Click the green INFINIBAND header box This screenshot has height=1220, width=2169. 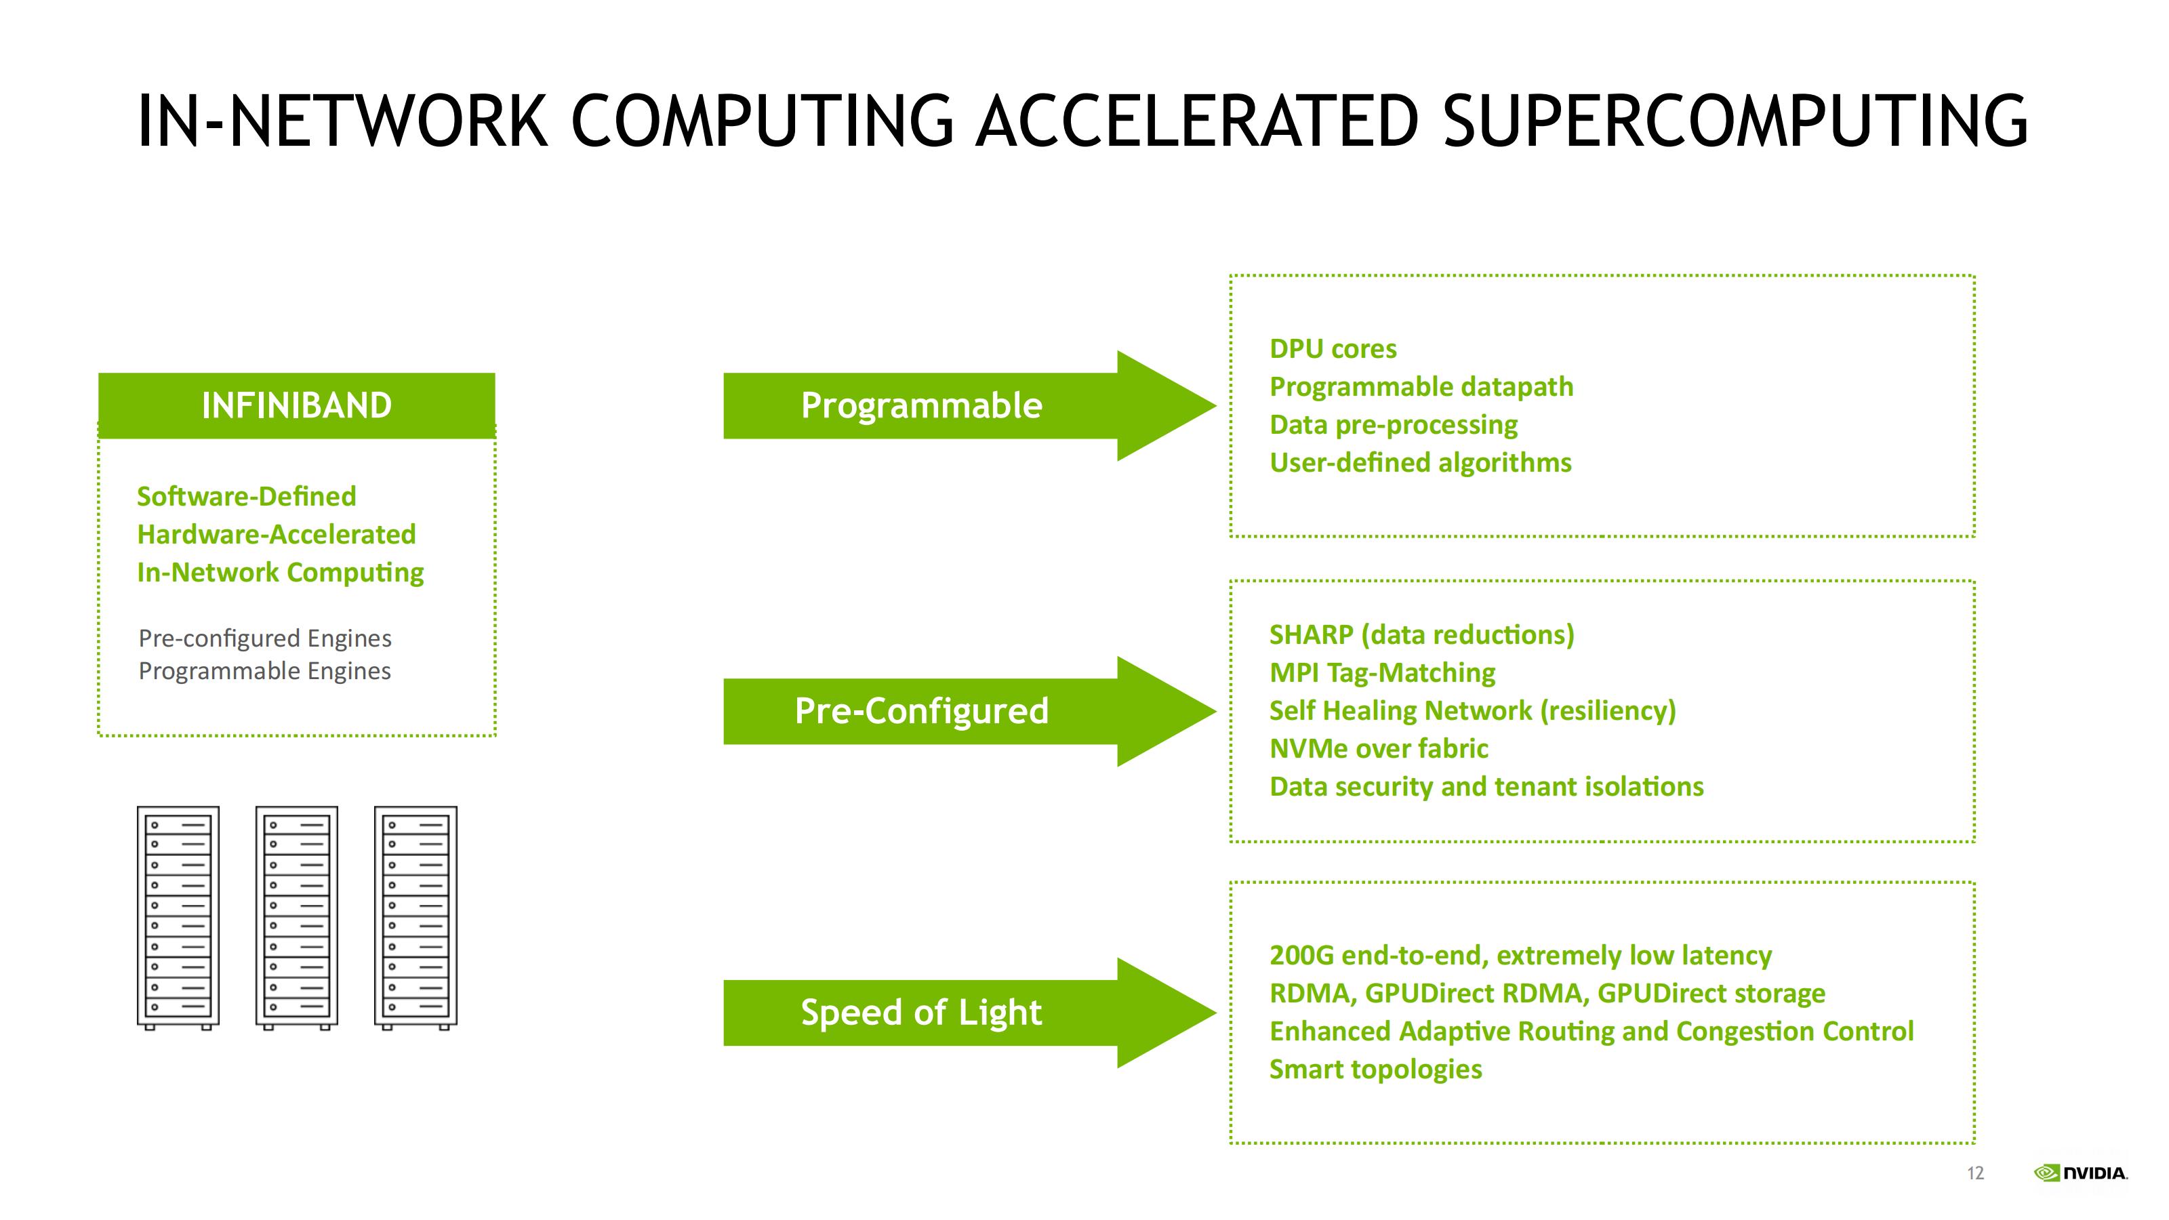point(296,405)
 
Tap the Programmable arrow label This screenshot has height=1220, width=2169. point(921,405)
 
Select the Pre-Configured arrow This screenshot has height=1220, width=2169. point(969,712)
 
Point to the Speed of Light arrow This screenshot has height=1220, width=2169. point(969,1013)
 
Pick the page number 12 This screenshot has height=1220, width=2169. point(1975,1173)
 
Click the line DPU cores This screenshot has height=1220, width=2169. point(1333,348)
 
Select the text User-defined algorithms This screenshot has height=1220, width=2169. point(1421,462)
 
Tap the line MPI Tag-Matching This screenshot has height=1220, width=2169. point(1383,673)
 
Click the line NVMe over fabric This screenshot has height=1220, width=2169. point(1379,748)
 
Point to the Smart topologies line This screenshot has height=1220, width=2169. point(1376,1070)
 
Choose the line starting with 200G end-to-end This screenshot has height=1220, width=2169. point(1520,956)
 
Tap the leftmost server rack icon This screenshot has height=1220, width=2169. point(178,918)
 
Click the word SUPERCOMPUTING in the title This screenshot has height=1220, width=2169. point(1735,121)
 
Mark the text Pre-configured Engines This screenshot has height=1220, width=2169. point(265,638)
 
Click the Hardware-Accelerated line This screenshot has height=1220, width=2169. point(276,535)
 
